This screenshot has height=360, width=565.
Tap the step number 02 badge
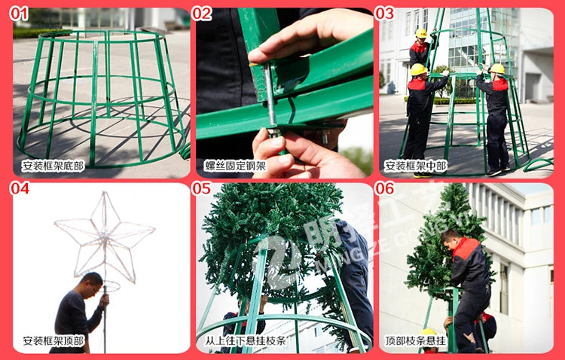tap(202, 14)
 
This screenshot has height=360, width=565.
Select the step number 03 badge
tap(385, 14)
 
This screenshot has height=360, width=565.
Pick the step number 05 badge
tap(202, 188)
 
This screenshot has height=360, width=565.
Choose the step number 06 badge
tap(385, 188)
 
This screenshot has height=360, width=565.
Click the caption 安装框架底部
tap(53, 166)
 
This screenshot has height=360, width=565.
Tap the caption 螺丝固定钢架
tap(235, 166)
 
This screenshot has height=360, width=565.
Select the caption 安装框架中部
tap(416, 166)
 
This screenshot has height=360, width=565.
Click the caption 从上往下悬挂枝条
tap(245, 340)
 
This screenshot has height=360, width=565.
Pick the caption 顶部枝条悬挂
tap(416, 340)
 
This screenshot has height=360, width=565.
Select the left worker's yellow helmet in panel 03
tap(418, 69)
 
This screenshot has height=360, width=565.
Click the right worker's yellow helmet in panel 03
tap(497, 69)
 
